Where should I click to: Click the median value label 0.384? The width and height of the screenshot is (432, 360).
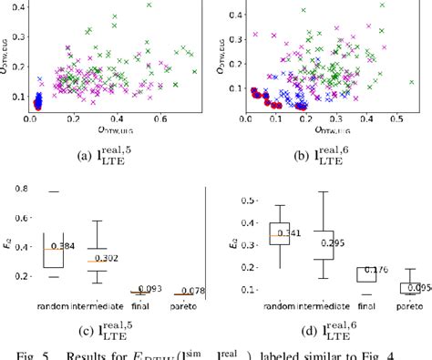(63, 246)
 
